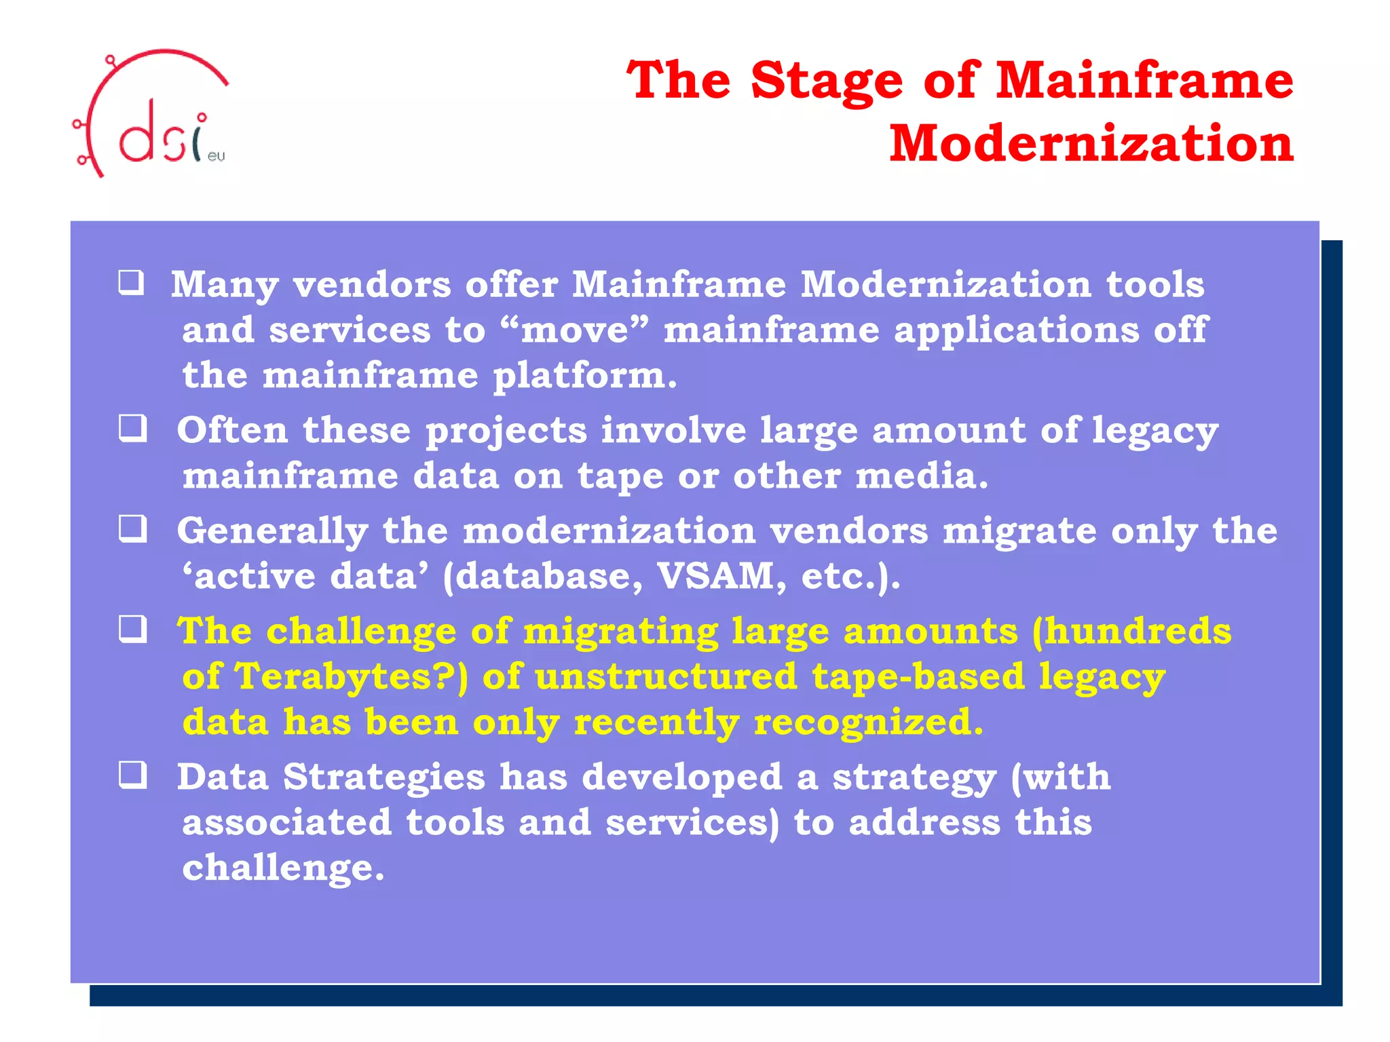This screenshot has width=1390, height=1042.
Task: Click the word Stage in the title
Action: point(827,81)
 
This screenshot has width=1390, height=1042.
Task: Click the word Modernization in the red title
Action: point(1091,144)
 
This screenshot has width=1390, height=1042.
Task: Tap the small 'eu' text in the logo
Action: point(216,156)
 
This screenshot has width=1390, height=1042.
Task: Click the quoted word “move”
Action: point(574,330)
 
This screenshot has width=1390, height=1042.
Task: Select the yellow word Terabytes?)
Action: point(352,676)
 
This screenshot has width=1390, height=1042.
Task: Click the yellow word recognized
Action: point(868,722)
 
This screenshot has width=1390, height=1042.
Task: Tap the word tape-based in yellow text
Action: point(918,676)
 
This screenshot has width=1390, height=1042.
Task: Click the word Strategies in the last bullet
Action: point(383,777)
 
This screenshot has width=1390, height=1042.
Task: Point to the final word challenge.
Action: point(282,868)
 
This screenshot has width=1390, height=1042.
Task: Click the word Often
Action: point(232,430)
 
